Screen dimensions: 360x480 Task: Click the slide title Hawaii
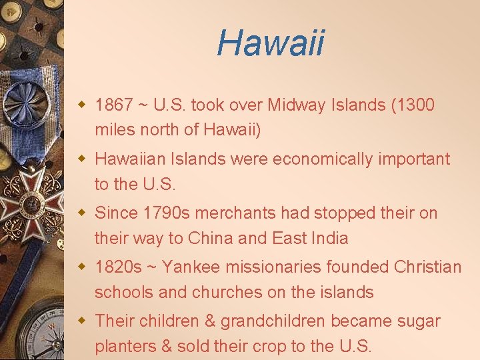271,43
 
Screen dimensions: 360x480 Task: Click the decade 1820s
118,267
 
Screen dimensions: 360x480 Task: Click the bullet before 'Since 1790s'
82,213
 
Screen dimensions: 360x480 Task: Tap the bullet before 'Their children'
82,321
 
